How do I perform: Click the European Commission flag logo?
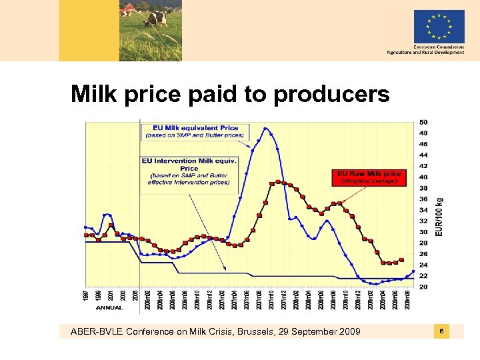[x=439, y=26]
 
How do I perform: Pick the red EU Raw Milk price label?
[x=369, y=177]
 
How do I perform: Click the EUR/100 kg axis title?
[x=439, y=216]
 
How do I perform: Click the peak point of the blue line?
[x=266, y=129]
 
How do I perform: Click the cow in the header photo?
[x=156, y=17]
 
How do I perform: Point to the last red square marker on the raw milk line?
[x=401, y=260]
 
